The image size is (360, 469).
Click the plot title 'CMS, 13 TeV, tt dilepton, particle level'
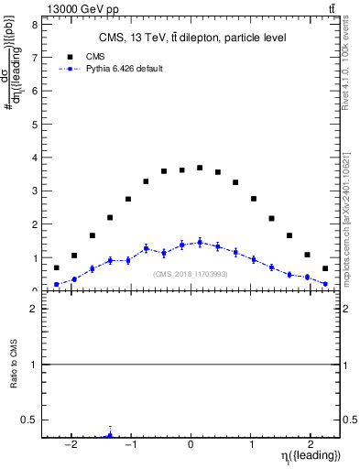(x=192, y=38)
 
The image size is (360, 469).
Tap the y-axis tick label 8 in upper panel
(x=34, y=25)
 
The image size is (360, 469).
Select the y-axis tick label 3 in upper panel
(x=34, y=191)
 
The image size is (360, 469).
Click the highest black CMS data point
(x=200, y=168)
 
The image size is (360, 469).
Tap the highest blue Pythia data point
(x=200, y=243)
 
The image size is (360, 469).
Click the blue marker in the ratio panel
(x=110, y=435)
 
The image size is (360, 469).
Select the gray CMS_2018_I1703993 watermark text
(x=191, y=274)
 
